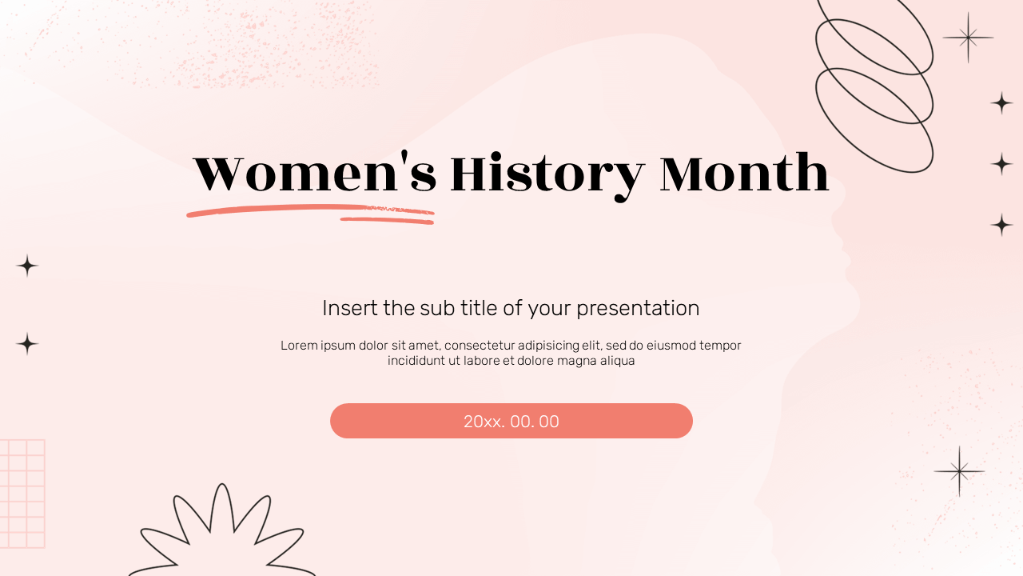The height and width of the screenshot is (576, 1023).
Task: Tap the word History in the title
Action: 547,175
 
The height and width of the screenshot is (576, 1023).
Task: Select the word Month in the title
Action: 744,174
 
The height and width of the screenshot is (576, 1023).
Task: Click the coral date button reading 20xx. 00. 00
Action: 511,421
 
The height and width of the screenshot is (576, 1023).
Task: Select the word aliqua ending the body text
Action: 615,361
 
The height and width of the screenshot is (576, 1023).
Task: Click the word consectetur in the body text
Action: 479,346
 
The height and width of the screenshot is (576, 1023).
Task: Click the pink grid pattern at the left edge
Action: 22,494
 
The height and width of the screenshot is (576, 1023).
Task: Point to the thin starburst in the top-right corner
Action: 968,38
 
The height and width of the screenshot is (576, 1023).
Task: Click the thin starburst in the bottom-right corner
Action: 959,471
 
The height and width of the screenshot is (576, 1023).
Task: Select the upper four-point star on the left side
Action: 27,266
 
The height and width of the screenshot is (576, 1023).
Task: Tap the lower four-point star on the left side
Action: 27,344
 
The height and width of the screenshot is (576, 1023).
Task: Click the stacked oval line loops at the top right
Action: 874,86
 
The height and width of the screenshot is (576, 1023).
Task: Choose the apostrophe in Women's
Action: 404,159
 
